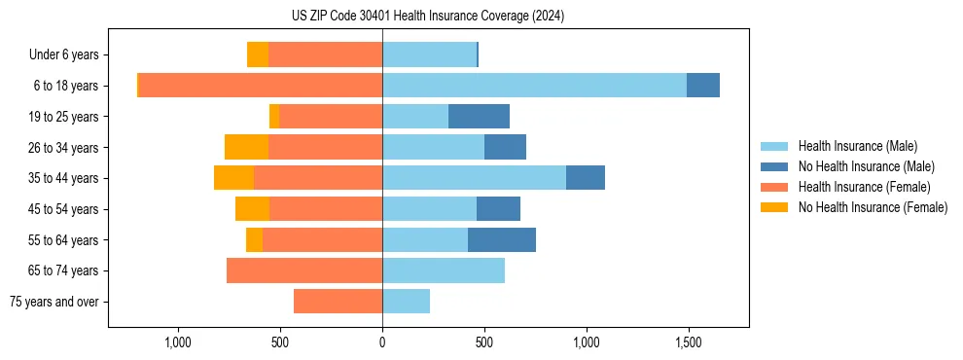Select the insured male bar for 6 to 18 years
point(534,86)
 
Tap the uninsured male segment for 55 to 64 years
point(502,240)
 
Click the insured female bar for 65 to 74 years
point(304,270)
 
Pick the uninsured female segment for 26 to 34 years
point(246,147)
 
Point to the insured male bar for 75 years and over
point(406,302)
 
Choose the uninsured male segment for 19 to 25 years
point(479,117)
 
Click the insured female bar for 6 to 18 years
point(261,86)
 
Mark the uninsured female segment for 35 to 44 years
point(233,178)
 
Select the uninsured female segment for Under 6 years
point(258,54)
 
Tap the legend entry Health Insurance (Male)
point(858,146)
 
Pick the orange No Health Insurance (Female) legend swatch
point(774,207)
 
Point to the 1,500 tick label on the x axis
point(688,342)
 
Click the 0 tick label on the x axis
point(382,342)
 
